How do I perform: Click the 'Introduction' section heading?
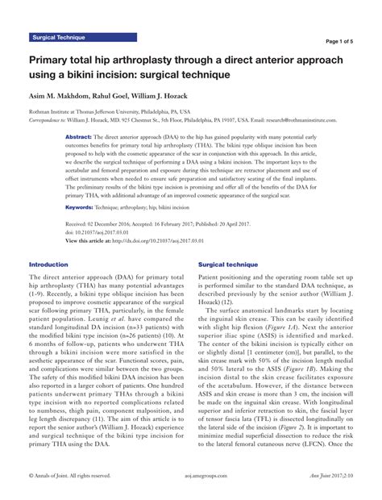click(x=48, y=265)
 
